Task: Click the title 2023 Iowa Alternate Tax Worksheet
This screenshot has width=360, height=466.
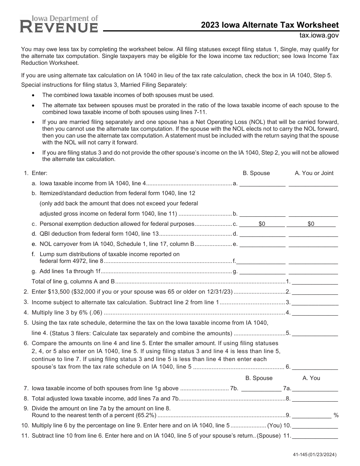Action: pos(270,25)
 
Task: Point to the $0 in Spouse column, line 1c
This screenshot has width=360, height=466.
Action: pos(262,224)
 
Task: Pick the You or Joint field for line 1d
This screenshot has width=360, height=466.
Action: pos(313,233)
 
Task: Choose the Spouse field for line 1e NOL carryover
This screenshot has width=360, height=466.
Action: pos(262,244)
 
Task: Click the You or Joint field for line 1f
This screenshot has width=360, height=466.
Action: pos(313,261)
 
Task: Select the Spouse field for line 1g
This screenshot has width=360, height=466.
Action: pos(262,271)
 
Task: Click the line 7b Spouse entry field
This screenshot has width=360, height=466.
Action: pos(261,388)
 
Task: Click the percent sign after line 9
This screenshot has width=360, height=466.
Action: pos(336,415)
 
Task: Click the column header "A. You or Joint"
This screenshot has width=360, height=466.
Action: pos(314,173)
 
